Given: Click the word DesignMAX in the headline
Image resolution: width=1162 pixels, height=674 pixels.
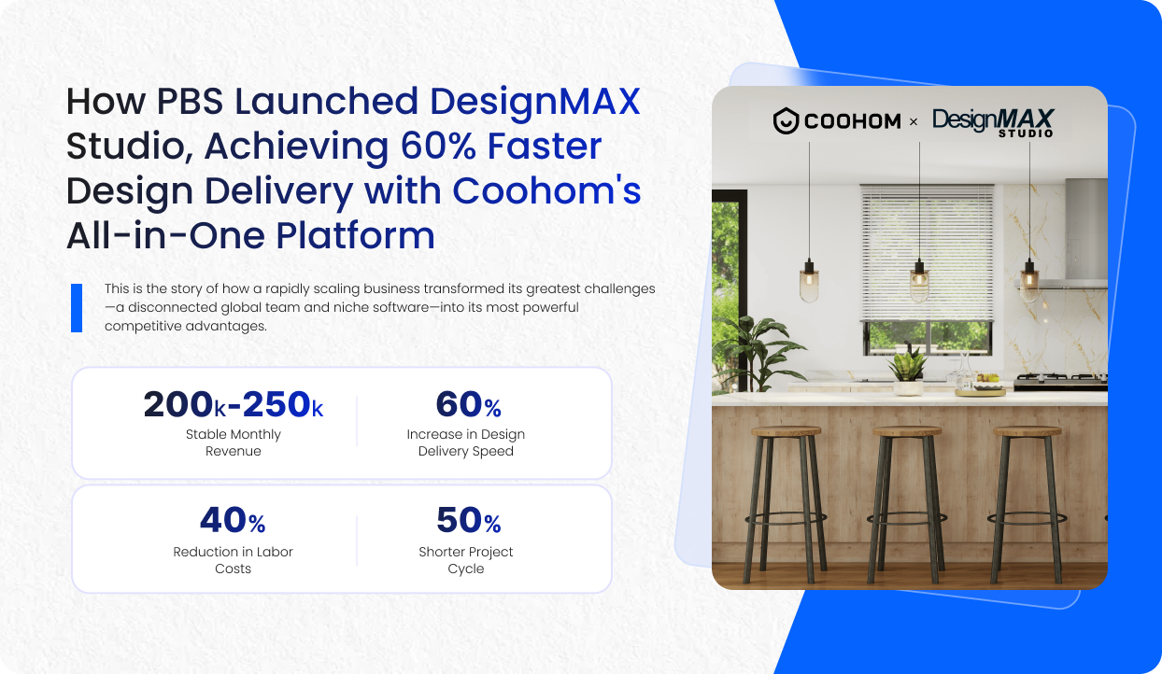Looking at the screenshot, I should tap(534, 102).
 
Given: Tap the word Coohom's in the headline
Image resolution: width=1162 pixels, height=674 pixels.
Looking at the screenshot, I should tap(546, 191).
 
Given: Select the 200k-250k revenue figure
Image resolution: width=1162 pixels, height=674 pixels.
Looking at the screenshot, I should tap(233, 404).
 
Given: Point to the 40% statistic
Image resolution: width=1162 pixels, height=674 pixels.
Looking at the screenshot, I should tap(233, 521).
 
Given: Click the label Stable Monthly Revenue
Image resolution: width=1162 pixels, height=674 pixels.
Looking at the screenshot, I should tap(233, 442).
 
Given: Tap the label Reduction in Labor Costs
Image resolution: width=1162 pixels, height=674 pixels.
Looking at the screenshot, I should tap(233, 560).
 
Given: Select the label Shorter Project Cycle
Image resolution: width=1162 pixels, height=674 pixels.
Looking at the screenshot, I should tap(465, 560).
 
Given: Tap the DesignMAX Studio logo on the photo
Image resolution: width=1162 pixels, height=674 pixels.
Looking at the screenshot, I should tap(993, 122).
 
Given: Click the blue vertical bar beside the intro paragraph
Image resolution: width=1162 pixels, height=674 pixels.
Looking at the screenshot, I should tap(77, 308).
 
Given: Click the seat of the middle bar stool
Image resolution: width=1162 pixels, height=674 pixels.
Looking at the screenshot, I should tap(907, 432).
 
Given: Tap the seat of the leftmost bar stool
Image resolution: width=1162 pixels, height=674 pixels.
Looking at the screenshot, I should tap(786, 432).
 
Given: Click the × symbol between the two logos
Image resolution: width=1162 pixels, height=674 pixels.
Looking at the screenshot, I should tap(914, 122).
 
